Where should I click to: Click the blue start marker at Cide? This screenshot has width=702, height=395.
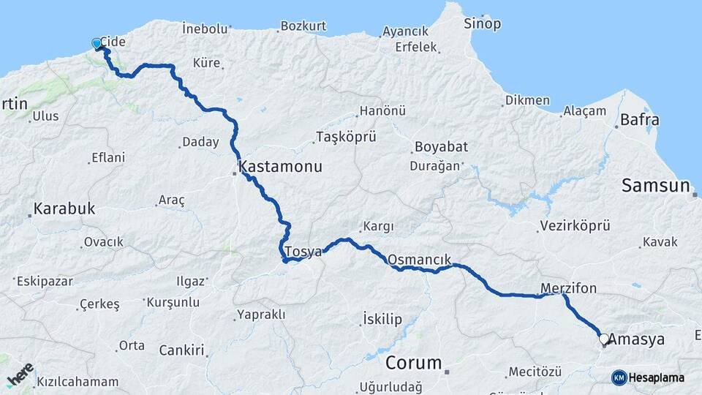97,44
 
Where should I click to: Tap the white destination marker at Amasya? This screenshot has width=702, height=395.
604,339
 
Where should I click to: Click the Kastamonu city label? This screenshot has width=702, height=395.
280,167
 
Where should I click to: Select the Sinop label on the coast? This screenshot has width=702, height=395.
483,24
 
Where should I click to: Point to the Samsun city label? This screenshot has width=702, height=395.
656,186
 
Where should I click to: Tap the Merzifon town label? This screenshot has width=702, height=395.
569,288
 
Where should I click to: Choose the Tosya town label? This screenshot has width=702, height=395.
304,252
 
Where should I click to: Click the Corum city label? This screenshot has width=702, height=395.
414,363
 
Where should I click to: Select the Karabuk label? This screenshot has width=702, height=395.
64,209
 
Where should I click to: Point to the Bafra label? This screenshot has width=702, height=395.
639,120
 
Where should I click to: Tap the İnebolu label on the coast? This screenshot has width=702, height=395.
205,29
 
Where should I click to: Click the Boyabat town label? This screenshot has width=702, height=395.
441,147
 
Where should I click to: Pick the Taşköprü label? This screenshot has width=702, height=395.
345,137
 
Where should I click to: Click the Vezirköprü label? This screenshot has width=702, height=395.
575,226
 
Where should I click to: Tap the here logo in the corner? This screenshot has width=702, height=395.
20,374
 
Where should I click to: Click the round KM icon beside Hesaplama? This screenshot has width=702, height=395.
619,377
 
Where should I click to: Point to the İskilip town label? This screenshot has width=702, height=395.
382,318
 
